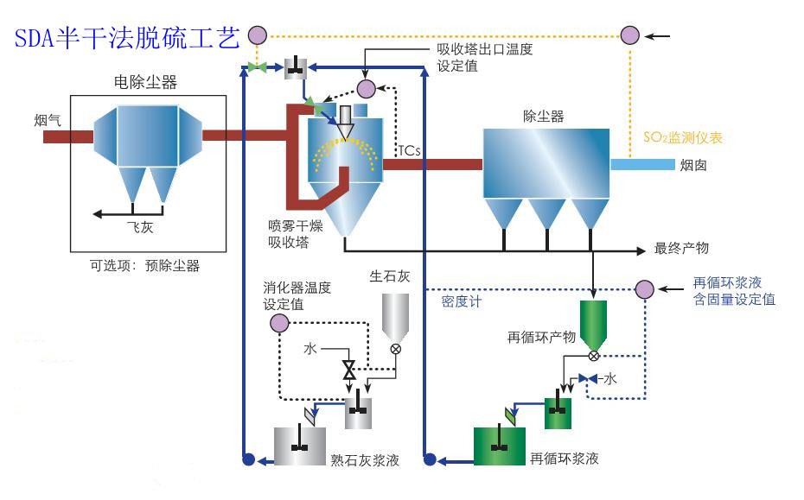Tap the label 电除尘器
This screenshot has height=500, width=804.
[x=145, y=83]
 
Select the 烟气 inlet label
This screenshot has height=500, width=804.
[x=48, y=120]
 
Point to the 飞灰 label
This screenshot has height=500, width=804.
[x=139, y=228]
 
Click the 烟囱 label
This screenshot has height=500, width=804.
[x=694, y=164]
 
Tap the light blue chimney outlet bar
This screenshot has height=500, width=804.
[x=641, y=164]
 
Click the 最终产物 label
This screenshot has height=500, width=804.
[x=681, y=249]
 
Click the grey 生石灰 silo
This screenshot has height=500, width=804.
[x=397, y=315]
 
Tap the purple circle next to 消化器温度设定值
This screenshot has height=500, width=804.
[x=278, y=323]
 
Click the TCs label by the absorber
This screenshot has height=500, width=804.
[x=409, y=150]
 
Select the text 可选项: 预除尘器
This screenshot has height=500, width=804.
[x=145, y=266]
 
